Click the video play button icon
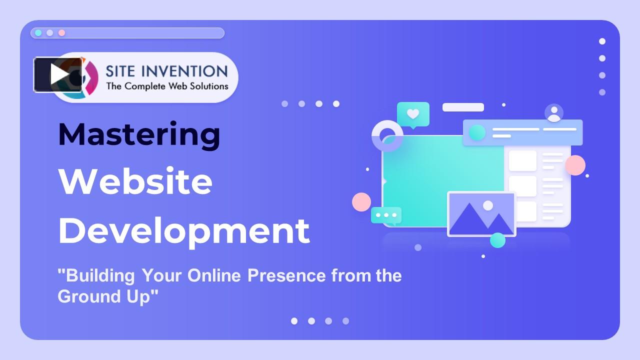coord(58,74)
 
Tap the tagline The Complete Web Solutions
coord(167,86)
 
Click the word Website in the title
coord(135,181)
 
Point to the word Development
coord(184,230)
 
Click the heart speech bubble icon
coord(413,114)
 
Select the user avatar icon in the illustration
coord(554,113)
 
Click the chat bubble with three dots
coord(386,215)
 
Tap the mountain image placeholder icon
coord(481,214)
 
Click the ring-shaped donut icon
coord(387,135)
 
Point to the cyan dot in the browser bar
coord(38,33)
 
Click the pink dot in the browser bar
coord(61,33)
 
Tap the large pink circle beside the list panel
coord(575,165)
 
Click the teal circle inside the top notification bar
coord(477,132)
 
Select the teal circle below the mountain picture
coord(497,240)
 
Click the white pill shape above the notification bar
coord(463,107)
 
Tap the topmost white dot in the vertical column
coord(602,41)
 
